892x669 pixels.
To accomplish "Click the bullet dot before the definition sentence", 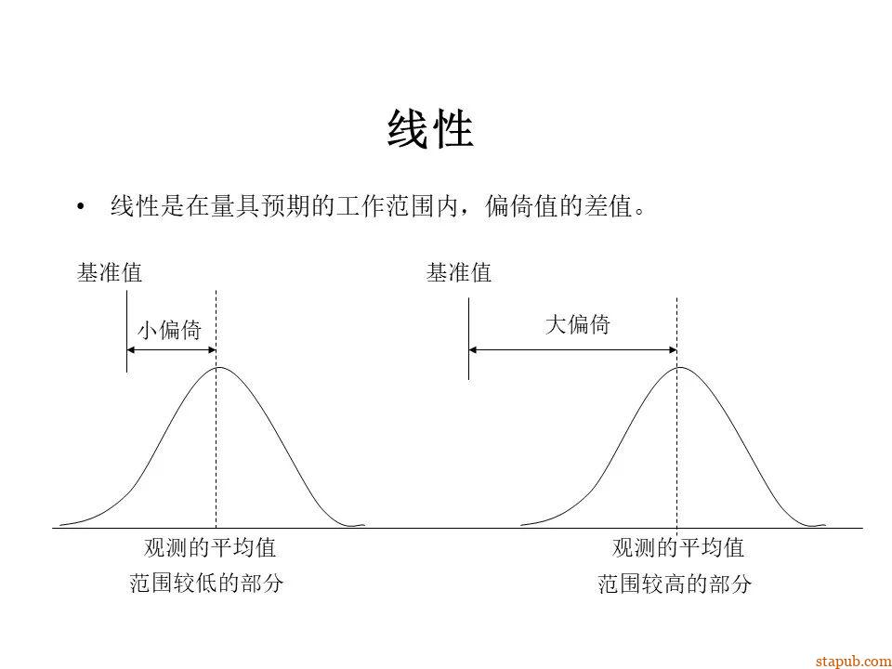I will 83,206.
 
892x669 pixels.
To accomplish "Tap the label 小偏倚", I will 170,330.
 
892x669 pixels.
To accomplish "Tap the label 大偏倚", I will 577,324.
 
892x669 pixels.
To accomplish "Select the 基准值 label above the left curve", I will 110,273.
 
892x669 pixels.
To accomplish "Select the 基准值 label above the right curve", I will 459,273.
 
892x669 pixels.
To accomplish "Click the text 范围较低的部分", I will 206,584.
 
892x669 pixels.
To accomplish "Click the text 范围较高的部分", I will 675,584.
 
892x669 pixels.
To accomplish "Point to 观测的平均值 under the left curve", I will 210,547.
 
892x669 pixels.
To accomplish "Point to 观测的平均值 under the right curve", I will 678,547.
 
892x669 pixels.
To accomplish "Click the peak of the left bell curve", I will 216,368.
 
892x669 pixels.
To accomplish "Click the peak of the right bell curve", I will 678,368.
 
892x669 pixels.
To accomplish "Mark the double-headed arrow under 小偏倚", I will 171,350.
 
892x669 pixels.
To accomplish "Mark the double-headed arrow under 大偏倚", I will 572,350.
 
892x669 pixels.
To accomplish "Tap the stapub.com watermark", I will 852,661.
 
